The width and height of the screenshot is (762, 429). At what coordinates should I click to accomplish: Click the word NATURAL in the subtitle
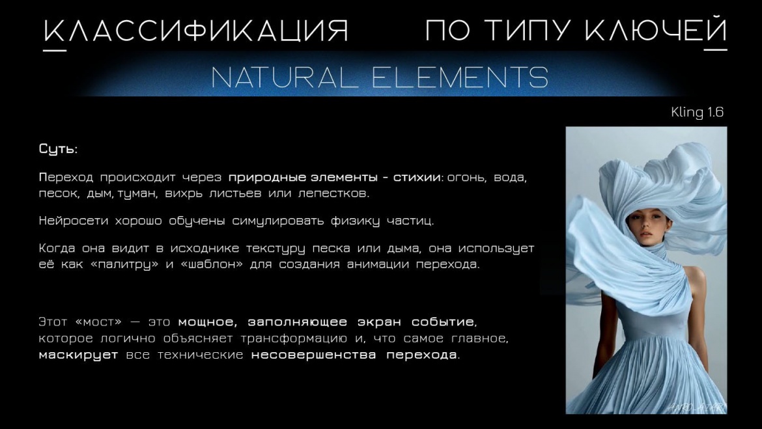click(285, 77)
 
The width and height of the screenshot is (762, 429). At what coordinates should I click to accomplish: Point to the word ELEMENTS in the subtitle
click(460, 77)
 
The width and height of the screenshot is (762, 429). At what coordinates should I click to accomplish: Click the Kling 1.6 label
click(697, 112)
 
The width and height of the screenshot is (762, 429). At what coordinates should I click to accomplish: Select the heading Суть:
click(59, 148)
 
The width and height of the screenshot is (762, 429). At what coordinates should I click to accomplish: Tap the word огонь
click(466, 178)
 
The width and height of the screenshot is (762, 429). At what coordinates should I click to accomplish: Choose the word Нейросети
click(74, 221)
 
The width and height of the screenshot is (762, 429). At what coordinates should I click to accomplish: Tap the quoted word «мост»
click(98, 322)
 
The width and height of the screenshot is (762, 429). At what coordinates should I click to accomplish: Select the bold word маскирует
click(78, 355)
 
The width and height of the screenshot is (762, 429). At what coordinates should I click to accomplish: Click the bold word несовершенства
click(313, 355)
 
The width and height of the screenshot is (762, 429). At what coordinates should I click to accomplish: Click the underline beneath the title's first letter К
click(55, 49)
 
